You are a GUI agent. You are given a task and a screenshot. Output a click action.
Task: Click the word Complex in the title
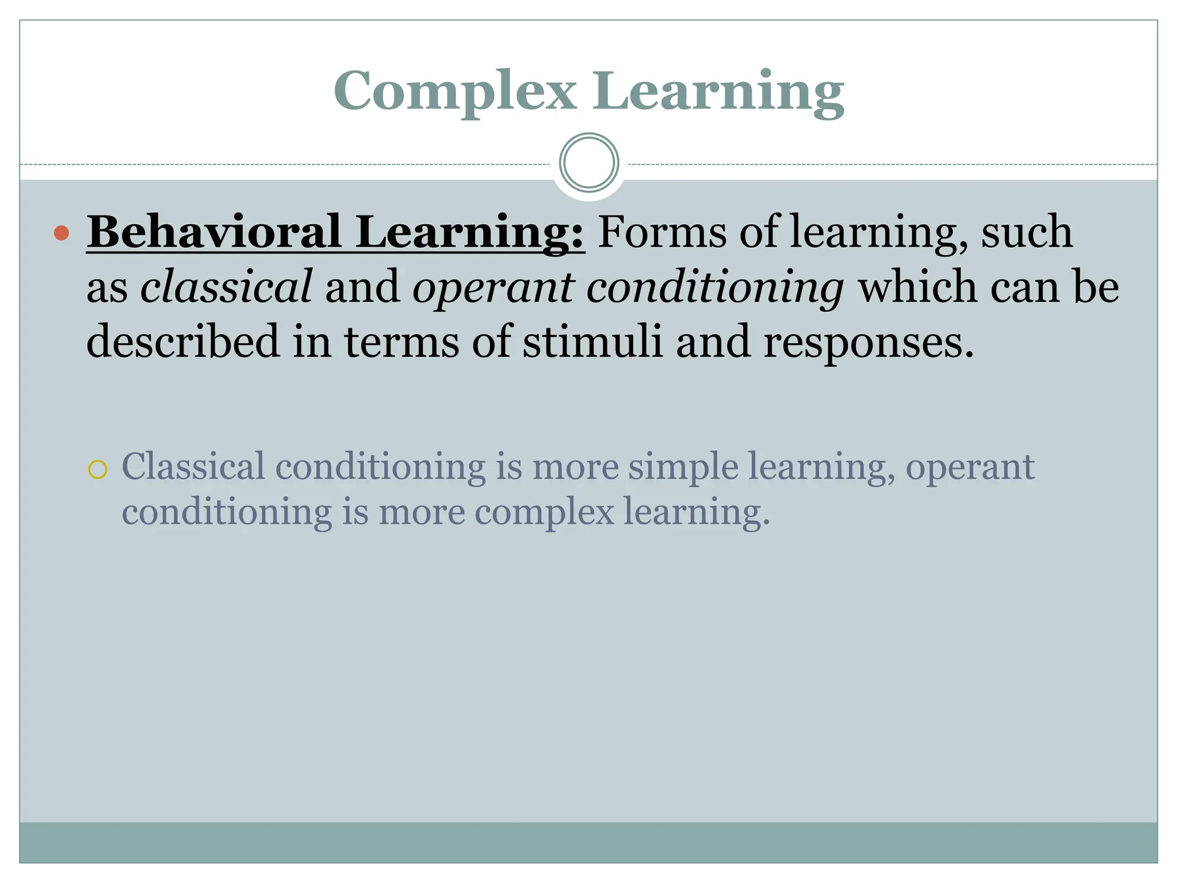(x=454, y=91)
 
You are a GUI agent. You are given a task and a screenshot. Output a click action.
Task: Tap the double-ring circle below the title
(x=588, y=163)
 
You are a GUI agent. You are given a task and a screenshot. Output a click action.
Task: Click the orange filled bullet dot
(x=62, y=233)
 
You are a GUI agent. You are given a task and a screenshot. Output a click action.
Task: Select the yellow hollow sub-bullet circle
(x=98, y=470)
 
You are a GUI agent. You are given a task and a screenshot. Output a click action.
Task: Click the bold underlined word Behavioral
(x=214, y=232)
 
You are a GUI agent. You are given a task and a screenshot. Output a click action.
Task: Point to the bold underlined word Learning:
(x=469, y=232)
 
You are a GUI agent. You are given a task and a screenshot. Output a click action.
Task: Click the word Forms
(x=661, y=232)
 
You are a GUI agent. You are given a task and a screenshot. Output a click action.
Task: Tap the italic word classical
(x=226, y=286)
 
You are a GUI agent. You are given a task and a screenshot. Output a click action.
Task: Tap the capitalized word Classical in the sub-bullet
(x=193, y=466)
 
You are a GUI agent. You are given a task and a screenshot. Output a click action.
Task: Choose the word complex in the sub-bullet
(x=544, y=512)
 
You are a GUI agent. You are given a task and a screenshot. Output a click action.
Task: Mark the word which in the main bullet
(x=917, y=286)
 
